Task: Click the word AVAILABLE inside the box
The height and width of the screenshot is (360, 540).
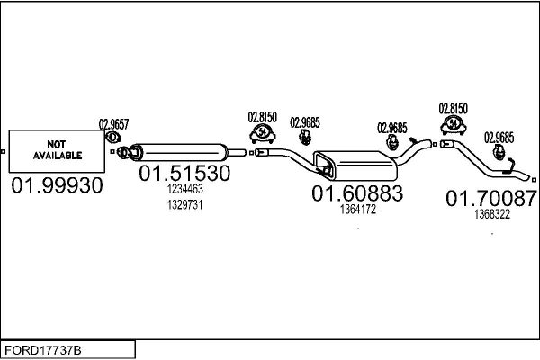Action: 58,155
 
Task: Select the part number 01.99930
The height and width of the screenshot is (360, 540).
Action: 58,186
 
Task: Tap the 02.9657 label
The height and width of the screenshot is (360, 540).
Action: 113,124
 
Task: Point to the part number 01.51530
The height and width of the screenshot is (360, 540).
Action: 184,173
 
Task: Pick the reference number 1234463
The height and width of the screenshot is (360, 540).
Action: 184,189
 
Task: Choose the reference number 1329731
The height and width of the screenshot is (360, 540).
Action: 184,204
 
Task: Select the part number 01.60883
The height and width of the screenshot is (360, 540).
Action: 357,193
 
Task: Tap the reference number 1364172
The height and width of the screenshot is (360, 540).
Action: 357,210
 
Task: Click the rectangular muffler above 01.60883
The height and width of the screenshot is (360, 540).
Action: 355,166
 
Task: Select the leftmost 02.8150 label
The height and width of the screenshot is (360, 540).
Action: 262,117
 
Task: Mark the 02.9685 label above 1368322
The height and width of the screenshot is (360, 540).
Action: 499,138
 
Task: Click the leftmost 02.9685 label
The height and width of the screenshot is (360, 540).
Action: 305,123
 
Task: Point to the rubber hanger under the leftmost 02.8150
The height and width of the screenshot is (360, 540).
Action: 262,133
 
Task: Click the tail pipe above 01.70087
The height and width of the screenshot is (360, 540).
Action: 477,162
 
